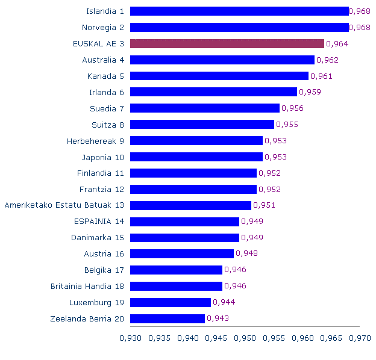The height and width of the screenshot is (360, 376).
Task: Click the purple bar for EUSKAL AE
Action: pos(227,43)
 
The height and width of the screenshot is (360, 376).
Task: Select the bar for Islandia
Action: pos(239,11)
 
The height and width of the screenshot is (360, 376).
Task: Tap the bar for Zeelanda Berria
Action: pos(168,318)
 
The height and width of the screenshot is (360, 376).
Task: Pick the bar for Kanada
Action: pos(219,76)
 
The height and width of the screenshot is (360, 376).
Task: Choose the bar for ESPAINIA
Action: pos(184,222)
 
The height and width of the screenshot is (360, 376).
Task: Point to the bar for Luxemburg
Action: pos(171,302)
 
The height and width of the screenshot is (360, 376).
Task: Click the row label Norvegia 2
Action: pos(103,27)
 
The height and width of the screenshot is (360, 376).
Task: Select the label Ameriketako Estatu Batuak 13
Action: pos(64,205)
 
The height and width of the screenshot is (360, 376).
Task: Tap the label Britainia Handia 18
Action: pos(87,286)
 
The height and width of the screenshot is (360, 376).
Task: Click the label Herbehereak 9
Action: pos(95,141)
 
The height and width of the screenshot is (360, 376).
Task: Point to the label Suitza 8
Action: pos(108,125)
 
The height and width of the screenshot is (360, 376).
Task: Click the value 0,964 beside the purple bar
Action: pos(337,43)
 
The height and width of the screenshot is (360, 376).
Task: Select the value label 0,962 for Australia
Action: pos(327,60)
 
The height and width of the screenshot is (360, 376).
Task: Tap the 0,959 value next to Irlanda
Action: pos(310,92)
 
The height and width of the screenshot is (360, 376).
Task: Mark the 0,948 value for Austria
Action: pos(246,253)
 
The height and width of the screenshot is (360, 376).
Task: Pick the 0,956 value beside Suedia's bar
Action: pos(292,108)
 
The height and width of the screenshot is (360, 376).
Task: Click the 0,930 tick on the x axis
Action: pos(130,338)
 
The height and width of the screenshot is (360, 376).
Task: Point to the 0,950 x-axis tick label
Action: pos(245,338)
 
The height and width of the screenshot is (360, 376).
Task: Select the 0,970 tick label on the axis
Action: pos(360,338)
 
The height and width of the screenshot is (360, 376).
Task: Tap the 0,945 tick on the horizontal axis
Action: pos(216,338)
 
